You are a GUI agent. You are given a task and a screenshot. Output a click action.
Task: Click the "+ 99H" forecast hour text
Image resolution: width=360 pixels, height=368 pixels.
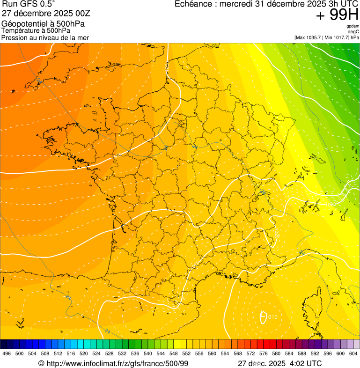pyautogui.click(x=337, y=15)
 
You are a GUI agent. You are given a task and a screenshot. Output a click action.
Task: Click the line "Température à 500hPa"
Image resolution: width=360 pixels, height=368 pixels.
pyautogui.click(x=36, y=30)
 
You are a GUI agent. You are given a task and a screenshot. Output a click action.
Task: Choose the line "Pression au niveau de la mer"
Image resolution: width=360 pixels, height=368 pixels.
pyautogui.click(x=45, y=37)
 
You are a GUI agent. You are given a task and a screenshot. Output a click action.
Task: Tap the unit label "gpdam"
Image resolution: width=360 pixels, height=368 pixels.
pyautogui.click(x=353, y=26)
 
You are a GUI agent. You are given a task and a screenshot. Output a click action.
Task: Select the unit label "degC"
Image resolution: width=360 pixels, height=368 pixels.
pyautogui.click(x=354, y=31)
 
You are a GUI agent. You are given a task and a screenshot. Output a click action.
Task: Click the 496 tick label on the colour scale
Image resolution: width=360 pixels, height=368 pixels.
pyautogui.click(x=7, y=353)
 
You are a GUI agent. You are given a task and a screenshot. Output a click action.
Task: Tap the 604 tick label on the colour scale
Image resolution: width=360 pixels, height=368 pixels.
pyautogui.click(x=353, y=353)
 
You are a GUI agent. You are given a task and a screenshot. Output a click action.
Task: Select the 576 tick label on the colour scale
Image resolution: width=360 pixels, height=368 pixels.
pyautogui.click(x=264, y=353)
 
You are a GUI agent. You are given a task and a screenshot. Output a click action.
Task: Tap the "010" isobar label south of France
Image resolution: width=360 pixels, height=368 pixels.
pyautogui.click(x=273, y=317)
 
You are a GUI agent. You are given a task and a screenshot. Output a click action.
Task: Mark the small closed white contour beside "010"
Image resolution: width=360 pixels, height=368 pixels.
pyautogui.click(x=263, y=317)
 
